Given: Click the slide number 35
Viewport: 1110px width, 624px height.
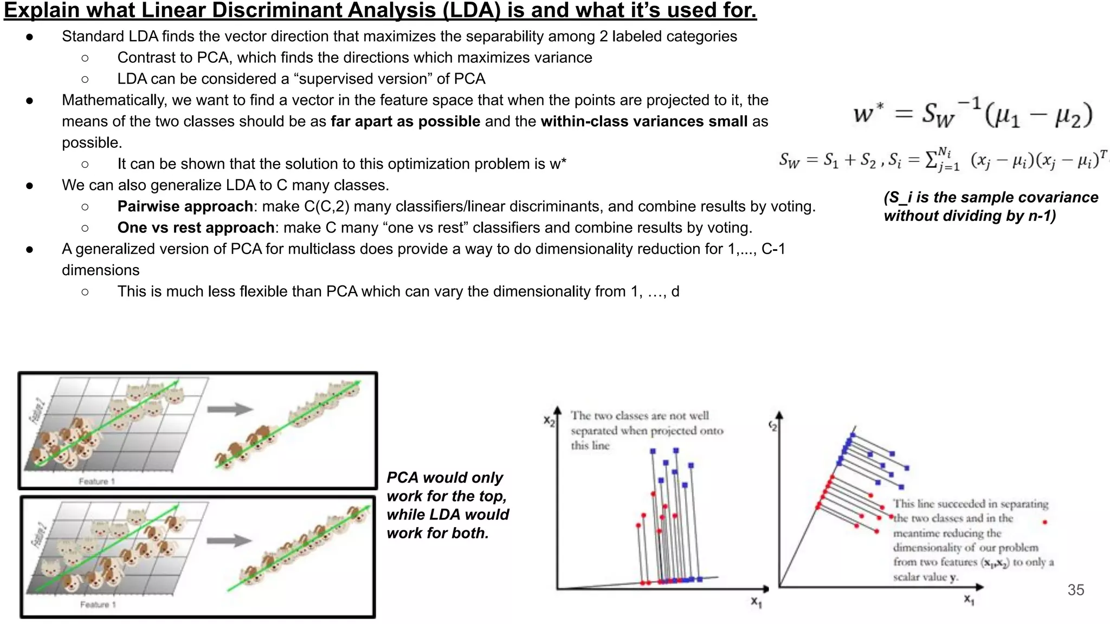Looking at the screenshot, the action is coord(1075,590).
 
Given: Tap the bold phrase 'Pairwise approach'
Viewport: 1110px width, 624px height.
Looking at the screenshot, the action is coord(185,206).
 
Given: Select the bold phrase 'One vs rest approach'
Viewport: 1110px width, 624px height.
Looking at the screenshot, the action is coord(196,227).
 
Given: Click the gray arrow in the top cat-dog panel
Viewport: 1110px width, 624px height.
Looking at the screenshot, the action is coord(230,409).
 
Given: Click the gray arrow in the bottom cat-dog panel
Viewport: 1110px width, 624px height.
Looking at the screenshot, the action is coord(229,540).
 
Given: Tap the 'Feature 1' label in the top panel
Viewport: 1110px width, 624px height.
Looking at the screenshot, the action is coord(96,481).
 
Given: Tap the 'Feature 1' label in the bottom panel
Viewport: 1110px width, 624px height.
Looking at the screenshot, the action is coord(98,604).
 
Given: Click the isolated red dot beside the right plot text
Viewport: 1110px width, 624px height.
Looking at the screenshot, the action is coord(1044,522).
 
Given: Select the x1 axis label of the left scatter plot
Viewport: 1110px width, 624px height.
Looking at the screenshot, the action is coord(756,601).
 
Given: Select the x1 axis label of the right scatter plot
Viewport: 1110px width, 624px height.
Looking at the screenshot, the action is coord(969,599).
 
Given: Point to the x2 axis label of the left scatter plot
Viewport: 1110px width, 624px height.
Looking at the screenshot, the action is coord(549,421).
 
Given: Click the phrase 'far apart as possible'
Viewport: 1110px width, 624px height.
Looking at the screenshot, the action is coord(405,121).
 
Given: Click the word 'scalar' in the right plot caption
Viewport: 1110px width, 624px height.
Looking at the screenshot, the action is coord(906,577).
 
